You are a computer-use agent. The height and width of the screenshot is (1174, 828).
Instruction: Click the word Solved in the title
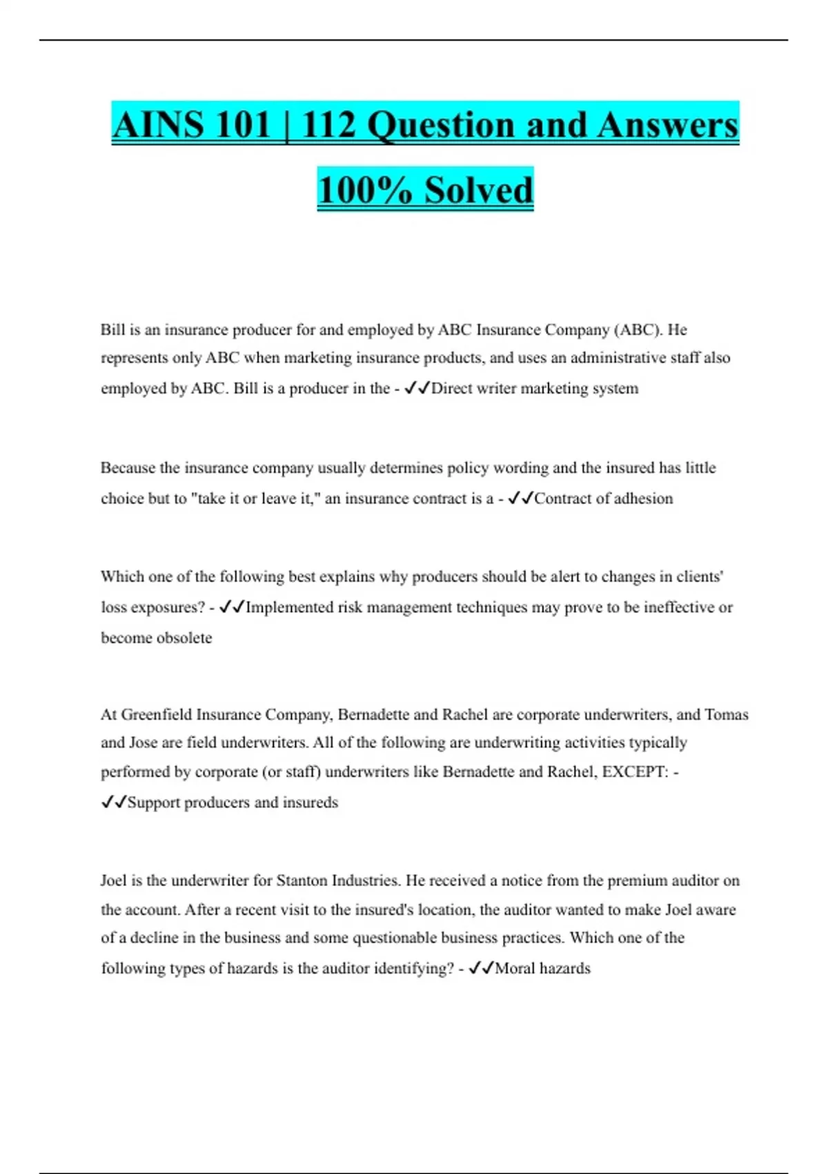pos(478,190)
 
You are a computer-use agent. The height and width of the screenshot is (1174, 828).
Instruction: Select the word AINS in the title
pos(157,125)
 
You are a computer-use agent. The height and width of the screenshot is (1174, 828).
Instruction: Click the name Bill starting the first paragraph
pos(112,329)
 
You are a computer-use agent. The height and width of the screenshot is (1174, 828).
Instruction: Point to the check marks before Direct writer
pos(417,388)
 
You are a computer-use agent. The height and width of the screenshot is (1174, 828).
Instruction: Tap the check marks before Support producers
pos(114,802)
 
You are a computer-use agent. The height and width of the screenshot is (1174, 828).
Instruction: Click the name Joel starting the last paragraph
pos(113,880)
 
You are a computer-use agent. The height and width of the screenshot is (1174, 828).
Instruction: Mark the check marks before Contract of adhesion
pos(520,498)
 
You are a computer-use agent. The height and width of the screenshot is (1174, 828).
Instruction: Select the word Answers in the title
pos(667,125)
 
